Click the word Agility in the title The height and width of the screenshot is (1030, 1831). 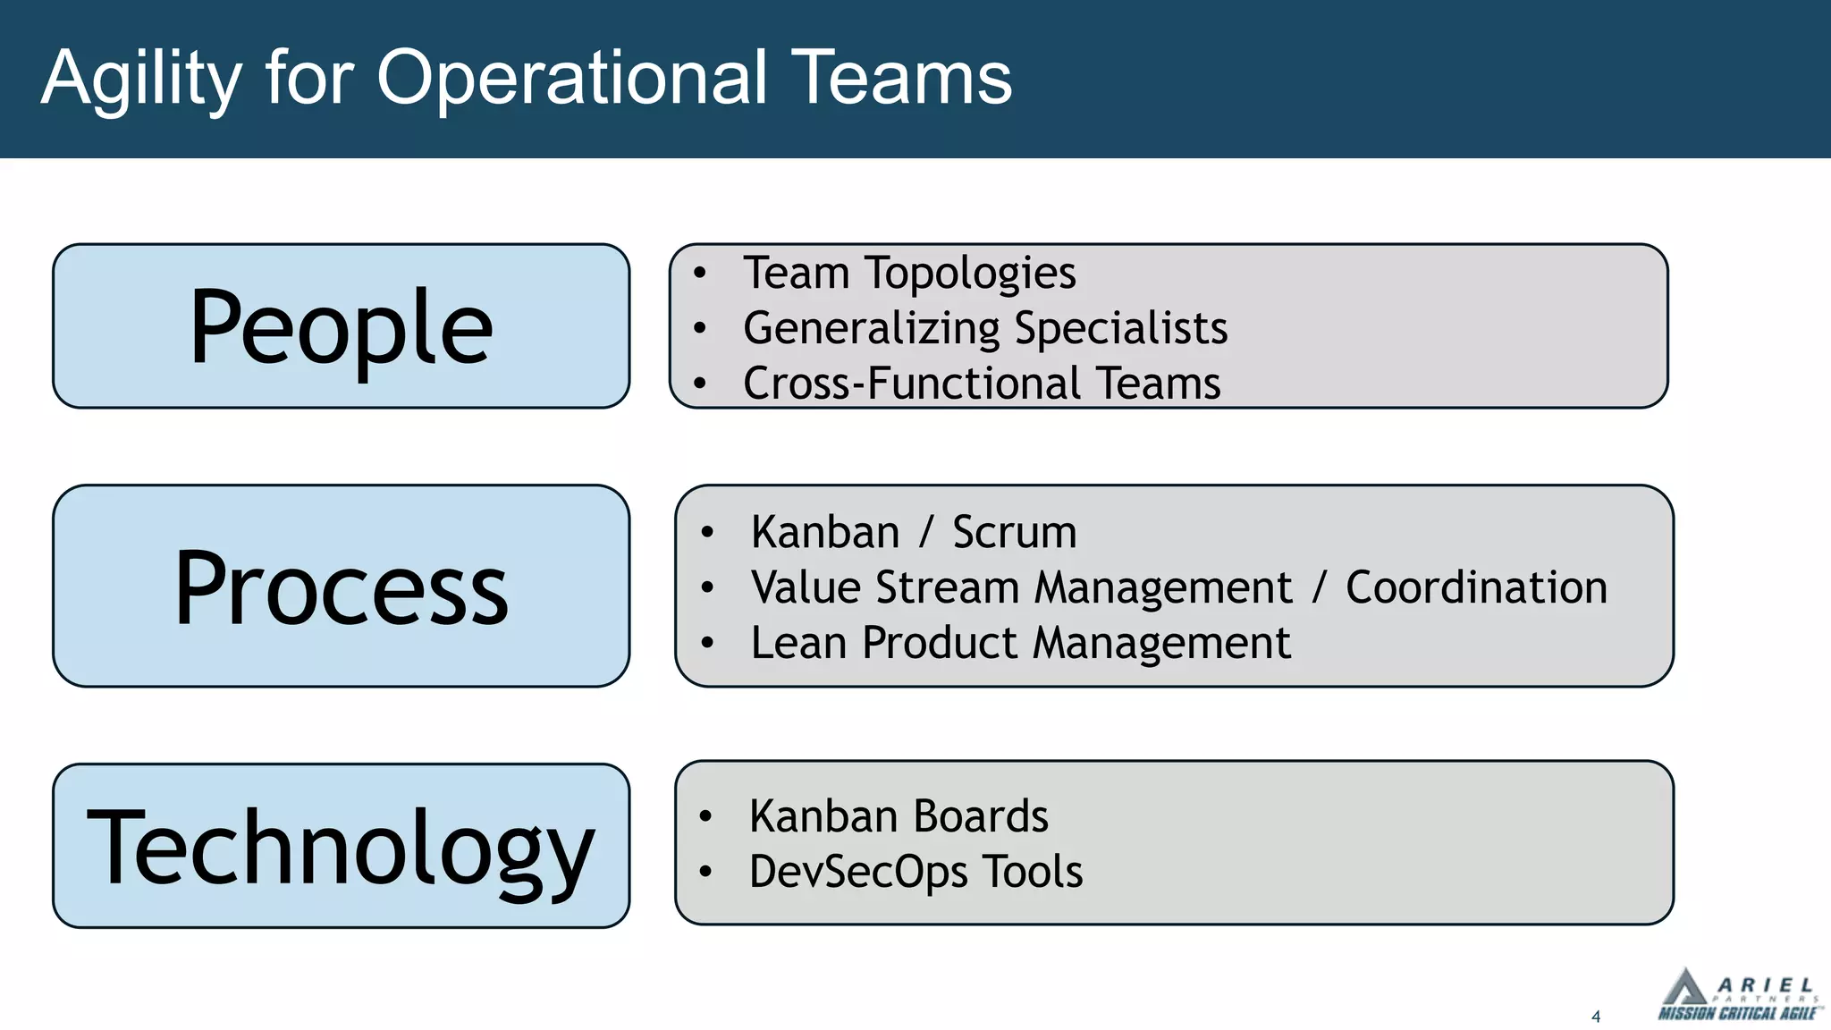(x=141, y=79)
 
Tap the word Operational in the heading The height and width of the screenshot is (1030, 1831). (x=572, y=79)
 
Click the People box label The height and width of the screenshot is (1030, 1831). (x=341, y=327)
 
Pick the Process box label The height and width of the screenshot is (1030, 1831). (x=341, y=587)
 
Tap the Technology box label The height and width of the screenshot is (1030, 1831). (x=341, y=847)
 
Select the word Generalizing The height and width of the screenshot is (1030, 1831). (x=871, y=328)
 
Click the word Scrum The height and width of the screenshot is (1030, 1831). (x=1014, y=533)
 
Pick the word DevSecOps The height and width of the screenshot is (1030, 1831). (x=858, y=872)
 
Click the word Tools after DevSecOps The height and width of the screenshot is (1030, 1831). (x=1033, y=872)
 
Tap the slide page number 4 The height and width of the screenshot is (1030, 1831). (x=1596, y=1017)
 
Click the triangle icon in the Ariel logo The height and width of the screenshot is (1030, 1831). (x=1684, y=990)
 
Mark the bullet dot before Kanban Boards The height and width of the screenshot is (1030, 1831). (x=705, y=815)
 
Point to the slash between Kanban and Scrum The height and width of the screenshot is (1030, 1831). (x=925, y=533)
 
